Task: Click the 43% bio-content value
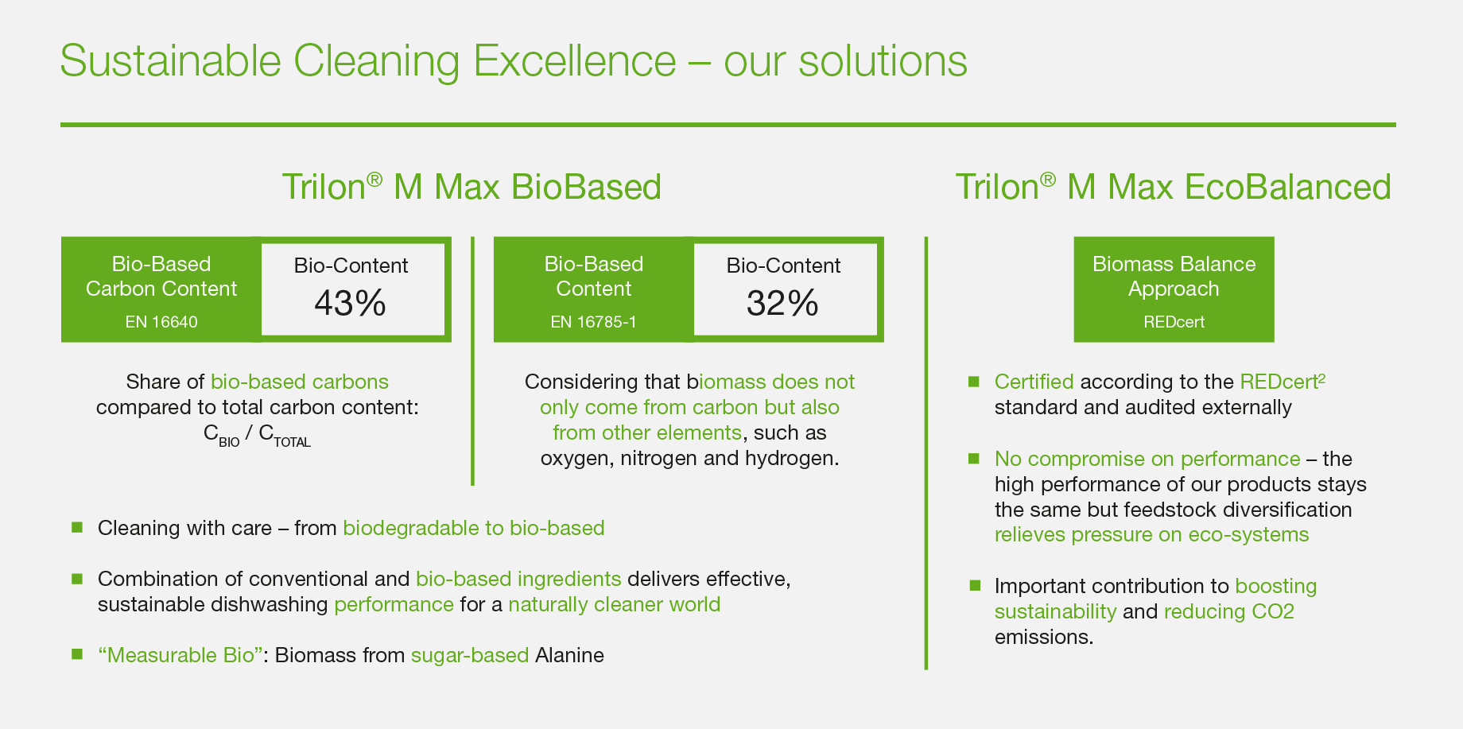click(350, 303)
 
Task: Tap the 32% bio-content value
click(782, 303)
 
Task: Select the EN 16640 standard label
click(161, 322)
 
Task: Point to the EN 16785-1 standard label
click(593, 322)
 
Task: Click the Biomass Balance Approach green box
click(1174, 289)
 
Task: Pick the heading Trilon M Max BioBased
click(471, 187)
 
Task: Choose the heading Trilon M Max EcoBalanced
click(1173, 187)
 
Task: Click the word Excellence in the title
click(575, 60)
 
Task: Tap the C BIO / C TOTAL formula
click(257, 436)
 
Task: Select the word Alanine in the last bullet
click(569, 655)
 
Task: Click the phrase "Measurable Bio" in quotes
click(180, 655)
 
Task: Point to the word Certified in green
click(1034, 382)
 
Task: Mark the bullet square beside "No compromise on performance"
click(974, 459)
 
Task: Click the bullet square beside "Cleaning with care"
click(77, 527)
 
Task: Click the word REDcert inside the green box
click(1174, 322)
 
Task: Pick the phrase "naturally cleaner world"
click(614, 604)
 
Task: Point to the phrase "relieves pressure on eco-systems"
click(1151, 534)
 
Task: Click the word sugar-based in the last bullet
click(470, 655)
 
